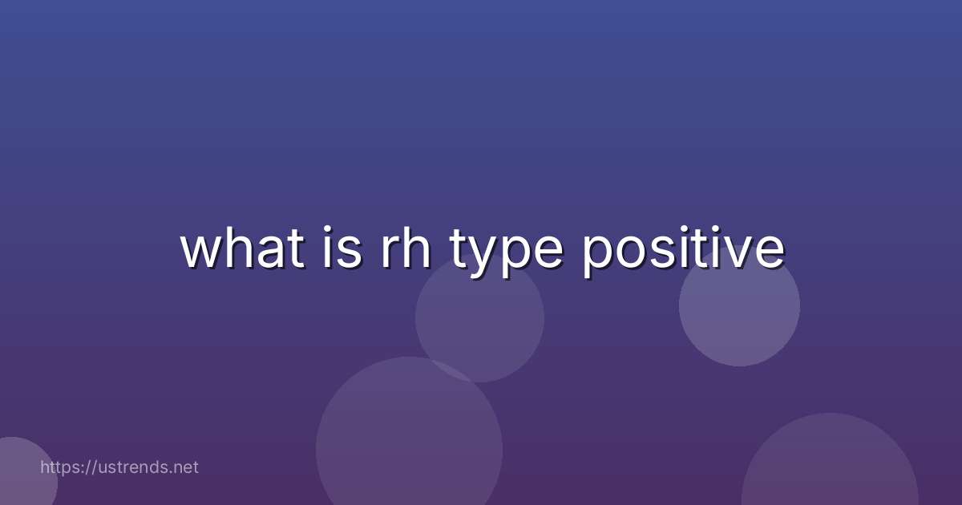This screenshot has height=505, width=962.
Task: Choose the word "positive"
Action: (682, 250)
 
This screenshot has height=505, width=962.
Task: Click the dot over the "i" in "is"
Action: (329, 232)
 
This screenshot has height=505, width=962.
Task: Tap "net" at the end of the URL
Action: (185, 467)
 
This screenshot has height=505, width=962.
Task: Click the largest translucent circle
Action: (409, 449)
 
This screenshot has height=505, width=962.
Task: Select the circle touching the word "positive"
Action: (739, 309)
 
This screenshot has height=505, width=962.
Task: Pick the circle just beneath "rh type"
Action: (479, 321)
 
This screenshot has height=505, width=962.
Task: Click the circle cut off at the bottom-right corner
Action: (830, 469)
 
